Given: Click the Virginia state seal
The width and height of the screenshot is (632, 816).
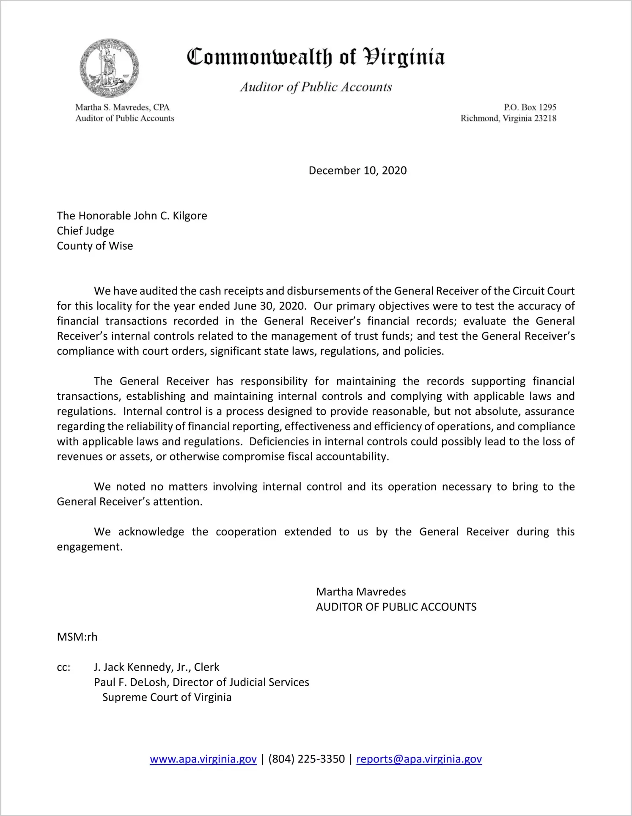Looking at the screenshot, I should click(109, 68).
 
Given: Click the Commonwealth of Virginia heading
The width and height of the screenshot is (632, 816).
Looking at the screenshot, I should click(316, 57).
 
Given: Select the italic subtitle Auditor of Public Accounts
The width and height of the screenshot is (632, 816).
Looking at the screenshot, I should click(316, 87).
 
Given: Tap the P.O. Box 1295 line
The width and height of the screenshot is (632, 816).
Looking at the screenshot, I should click(530, 107).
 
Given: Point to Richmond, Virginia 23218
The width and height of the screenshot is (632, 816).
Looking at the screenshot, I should click(508, 118).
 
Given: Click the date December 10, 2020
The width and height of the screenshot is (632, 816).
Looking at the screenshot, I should click(357, 170).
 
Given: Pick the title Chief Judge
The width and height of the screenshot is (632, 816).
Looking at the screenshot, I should click(85, 231).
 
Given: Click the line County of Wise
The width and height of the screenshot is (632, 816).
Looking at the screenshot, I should click(95, 246).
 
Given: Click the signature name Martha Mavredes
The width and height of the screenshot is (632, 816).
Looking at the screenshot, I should click(361, 592).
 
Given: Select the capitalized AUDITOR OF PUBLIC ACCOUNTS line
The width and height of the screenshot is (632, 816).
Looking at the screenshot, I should click(396, 607).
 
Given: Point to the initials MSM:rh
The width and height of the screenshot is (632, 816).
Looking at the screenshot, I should click(77, 637).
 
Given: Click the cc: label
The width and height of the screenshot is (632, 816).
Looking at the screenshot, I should click(63, 667).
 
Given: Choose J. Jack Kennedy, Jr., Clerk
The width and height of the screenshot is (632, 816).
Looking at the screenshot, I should click(157, 667).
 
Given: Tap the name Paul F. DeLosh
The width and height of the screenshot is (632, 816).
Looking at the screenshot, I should click(130, 682).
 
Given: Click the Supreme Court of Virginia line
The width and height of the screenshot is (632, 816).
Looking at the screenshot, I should click(167, 697).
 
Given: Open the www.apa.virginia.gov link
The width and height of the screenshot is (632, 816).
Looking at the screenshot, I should click(203, 759).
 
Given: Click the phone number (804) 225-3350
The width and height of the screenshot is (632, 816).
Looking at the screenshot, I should click(306, 759).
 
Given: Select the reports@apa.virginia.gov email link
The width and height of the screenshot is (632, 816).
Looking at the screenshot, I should click(419, 759).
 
